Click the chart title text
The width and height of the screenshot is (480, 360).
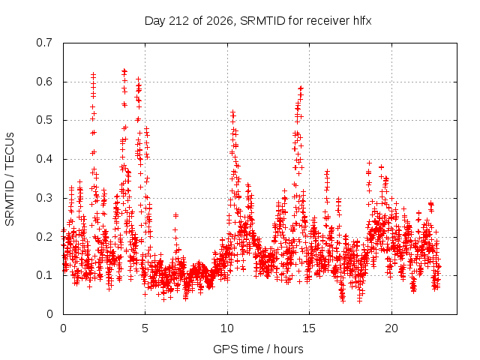click(x=258, y=21)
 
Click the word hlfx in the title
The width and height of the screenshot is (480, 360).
click(x=362, y=21)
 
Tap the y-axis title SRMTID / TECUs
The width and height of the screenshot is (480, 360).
click(x=10, y=179)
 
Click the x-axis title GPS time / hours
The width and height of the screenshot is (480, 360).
click(x=258, y=349)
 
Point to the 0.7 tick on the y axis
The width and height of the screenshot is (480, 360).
click(x=44, y=43)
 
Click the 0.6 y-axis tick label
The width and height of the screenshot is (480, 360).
click(x=44, y=82)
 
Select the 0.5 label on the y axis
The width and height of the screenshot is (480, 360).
click(x=44, y=120)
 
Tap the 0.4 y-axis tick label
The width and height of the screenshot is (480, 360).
click(x=44, y=159)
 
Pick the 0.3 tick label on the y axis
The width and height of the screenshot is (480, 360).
click(x=44, y=198)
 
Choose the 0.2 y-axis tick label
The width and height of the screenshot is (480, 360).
click(x=44, y=237)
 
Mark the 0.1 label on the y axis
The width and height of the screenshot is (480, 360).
click(x=44, y=275)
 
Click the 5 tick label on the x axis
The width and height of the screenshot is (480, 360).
click(x=145, y=328)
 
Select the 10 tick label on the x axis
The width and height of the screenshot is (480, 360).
click(x=227, y=328)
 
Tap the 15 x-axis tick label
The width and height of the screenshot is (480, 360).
click(x=309, y=328)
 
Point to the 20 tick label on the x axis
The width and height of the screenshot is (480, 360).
click(x=391, y=328)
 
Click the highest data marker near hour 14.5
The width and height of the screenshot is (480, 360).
click(x=301, y=88)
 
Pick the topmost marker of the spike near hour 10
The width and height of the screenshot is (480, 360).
click(x=232, y=112)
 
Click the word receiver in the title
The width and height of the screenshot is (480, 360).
click(x=328, y=21)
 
